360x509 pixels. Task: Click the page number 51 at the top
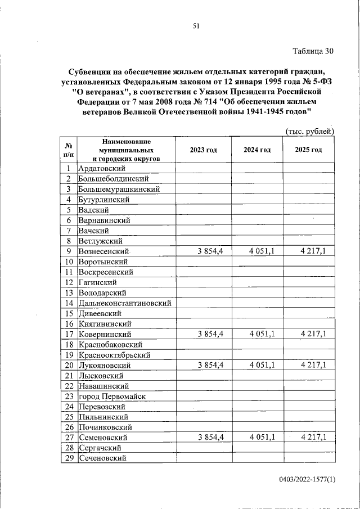click(x=196, y=25)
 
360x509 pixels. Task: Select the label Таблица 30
click(x=313, y=51)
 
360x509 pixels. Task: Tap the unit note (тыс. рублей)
click(x=310, y=132)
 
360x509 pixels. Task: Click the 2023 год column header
click(x=203, y=150)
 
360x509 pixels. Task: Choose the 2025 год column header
click(x=308, y=150)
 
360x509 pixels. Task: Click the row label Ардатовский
click(x=102, y=168)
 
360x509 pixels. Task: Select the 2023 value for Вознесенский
click(x=210, y=251)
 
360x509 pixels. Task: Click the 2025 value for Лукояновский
click(x=313, y=365)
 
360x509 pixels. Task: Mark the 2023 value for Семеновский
click(x=210, y=437)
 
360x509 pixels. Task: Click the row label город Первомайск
click(x=112, y=396)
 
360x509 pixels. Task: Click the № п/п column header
click(x=69, y=150)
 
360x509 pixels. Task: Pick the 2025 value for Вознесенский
click(x=313, y=251)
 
